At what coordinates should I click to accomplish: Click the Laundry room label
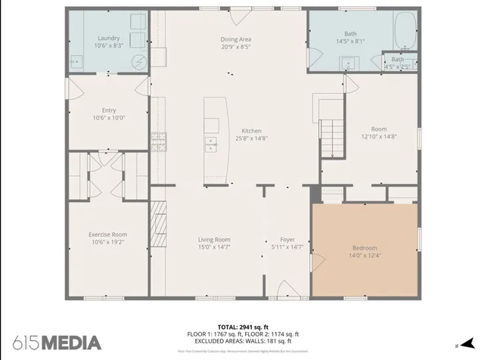point(109,38)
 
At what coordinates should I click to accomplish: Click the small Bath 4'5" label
point(398,60)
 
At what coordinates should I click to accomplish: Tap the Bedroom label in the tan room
point(364,248)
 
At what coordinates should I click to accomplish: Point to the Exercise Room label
point(107,234)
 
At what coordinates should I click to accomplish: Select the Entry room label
point(108,110)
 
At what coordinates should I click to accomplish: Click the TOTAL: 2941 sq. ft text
point(243,326)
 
